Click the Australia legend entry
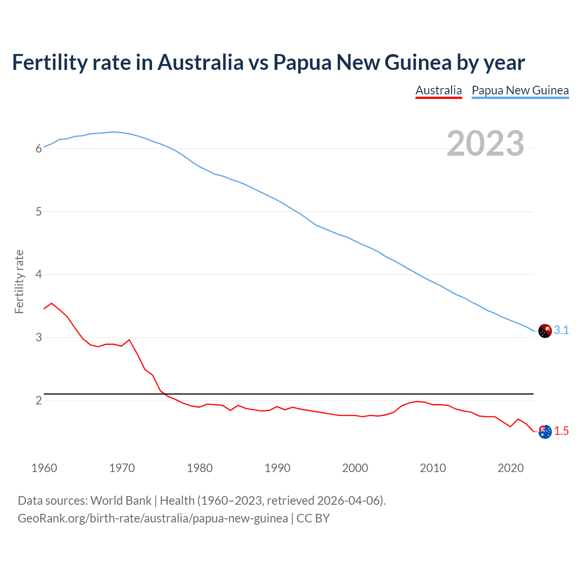pos(438,90)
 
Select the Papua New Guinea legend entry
pos(520,90)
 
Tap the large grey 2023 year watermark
pos(485,143)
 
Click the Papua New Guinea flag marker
pos(545,331)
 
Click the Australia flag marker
pos(545,431)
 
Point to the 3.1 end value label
pos(561,330)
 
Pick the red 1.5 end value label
pos(561,431)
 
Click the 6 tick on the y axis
pos(39,148)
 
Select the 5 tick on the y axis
pos(39,212)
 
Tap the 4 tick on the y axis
pos(39,275)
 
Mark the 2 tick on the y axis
pos(39,400)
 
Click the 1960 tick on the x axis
pos(44,468)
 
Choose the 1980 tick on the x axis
pos(200,468)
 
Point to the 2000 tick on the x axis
pos(355,468)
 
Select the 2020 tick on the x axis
pos(511,468)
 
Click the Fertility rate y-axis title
pos(19,281)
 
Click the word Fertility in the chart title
pos(49,62)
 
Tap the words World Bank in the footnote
pos(121,501)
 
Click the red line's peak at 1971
pos(129,340)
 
